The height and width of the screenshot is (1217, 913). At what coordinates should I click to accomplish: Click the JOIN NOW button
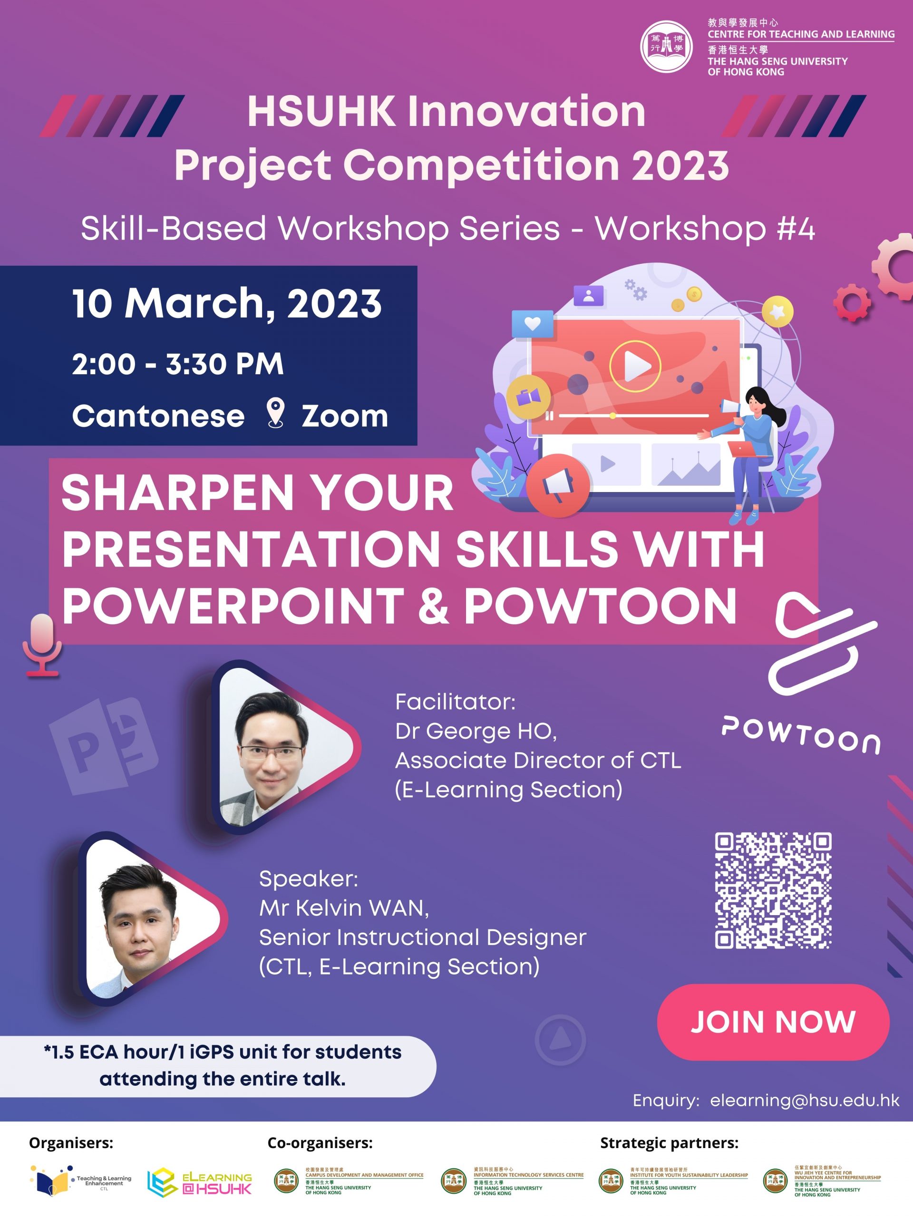[x=773, y=1022]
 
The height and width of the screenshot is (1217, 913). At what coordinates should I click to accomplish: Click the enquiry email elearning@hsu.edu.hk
[x=805, y=1101]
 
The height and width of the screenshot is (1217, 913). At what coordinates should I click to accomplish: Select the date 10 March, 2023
[x=227, y=304]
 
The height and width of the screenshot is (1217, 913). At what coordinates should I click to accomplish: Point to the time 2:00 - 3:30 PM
[x=178, y=364]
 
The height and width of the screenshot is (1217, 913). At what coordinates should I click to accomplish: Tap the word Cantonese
[x=158, y=416]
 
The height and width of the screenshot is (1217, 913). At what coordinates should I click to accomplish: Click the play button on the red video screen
[x=634, y=366]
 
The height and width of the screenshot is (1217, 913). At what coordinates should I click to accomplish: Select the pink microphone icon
[x=42, y=644]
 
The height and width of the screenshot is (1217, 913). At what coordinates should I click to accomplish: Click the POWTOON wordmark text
[x=801, y=734]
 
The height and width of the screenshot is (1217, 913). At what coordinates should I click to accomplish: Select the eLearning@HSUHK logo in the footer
[x=199, y=1181]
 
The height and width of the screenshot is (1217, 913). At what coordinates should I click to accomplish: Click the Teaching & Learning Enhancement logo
[x=81, y=1180]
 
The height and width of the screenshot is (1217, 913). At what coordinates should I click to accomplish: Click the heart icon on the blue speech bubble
[x=532, y=324]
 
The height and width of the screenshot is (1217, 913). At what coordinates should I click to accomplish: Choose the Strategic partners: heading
[x=669, y=1143]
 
